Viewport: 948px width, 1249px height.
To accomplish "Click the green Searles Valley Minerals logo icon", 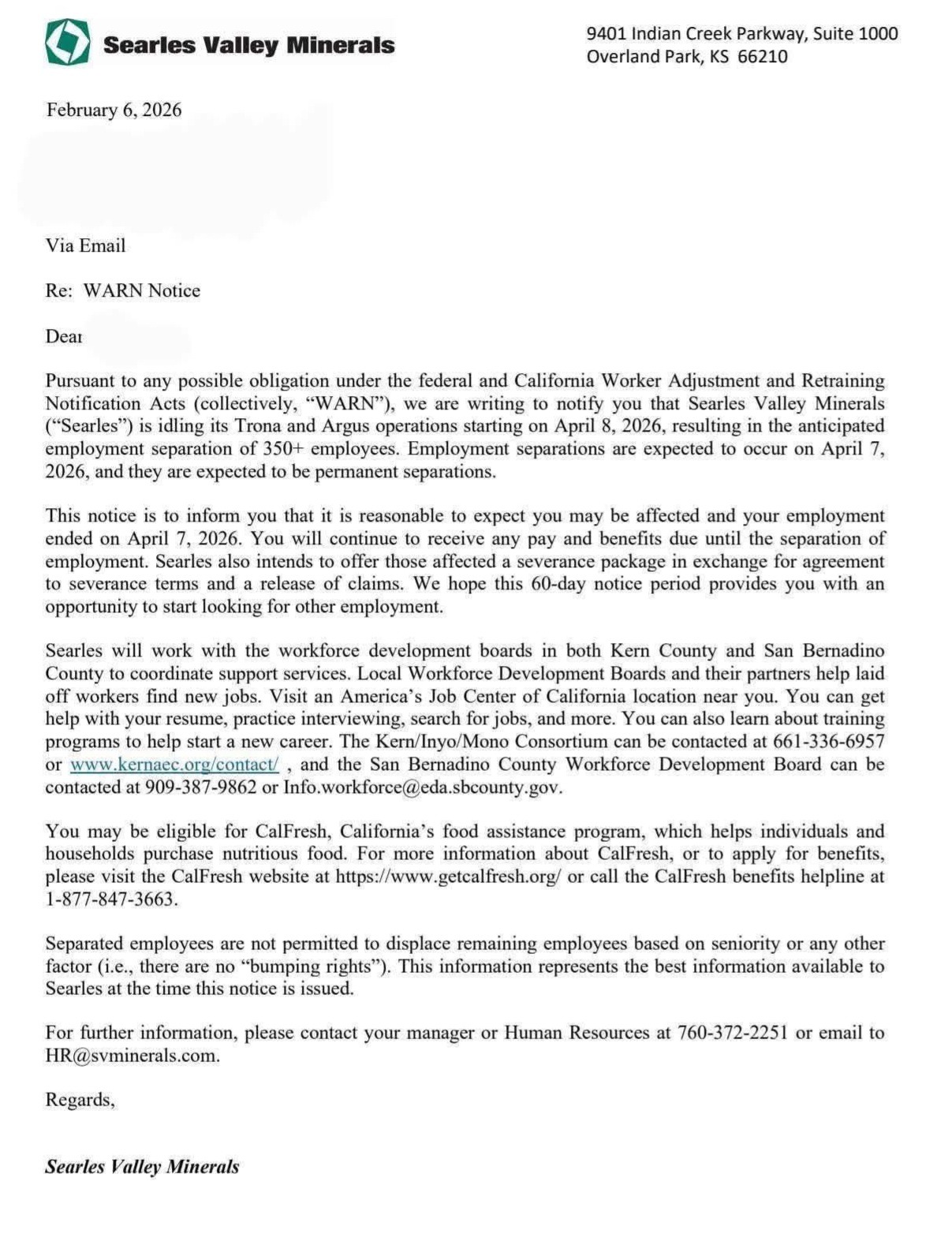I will click(67, 43).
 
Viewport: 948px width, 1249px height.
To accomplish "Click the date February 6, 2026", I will click(114, 110).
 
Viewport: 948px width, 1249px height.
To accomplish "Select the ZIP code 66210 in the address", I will click(763, 57).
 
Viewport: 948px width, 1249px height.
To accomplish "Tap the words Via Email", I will click(85, 245).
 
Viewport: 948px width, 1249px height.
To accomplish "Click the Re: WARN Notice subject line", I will click(122, 290).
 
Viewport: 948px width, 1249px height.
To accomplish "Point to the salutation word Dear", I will click(63, 336).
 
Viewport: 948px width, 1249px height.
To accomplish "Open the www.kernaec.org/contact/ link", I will click(174, 765).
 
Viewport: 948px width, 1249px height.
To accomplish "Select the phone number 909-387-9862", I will click(201, 787).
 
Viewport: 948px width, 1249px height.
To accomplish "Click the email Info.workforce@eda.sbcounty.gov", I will click(422, 787).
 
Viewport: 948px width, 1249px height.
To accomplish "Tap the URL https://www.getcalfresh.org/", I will click(448, 877).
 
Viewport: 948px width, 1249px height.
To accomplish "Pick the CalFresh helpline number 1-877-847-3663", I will click(110, 899).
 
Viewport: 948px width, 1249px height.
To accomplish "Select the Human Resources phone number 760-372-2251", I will click(733, 1033).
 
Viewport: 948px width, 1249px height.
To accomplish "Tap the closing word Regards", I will click(79, 1100).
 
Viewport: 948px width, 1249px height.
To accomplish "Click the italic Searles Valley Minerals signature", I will click(142, 1167).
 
